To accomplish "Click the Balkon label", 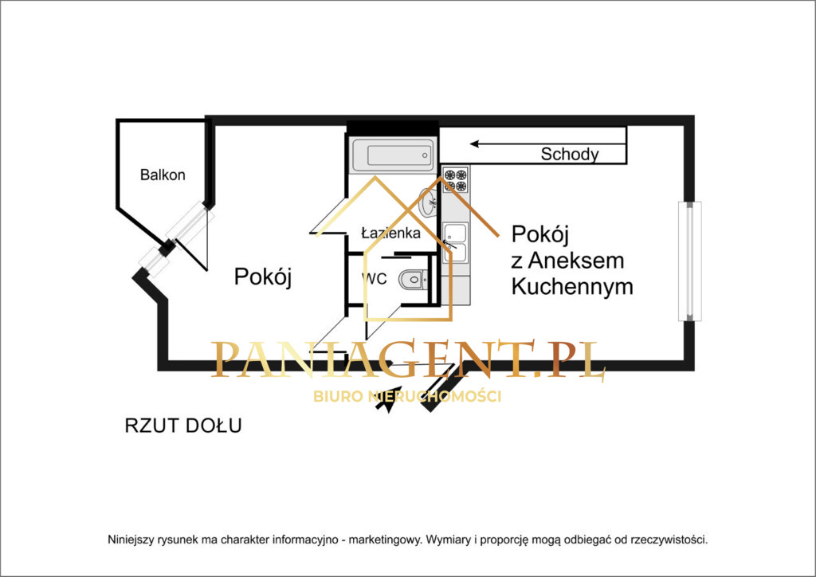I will point(163,175).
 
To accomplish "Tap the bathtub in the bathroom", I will point(393,153).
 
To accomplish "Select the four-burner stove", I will point(456,180).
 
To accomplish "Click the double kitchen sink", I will point(455,242).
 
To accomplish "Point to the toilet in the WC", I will point(414,280).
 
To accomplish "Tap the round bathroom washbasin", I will point(428,202).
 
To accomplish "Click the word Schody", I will point(570,155).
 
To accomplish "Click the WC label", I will point(375,279).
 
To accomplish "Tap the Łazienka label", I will point(390,234).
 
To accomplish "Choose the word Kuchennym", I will point(572,287).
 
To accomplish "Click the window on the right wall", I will point(690,261).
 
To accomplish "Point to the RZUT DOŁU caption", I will point(183,426).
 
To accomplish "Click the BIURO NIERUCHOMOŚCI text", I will point(407,396).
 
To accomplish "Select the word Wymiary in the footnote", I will point(449,540).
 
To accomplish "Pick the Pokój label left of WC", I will point(264,277).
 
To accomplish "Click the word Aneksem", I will point(577,261).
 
